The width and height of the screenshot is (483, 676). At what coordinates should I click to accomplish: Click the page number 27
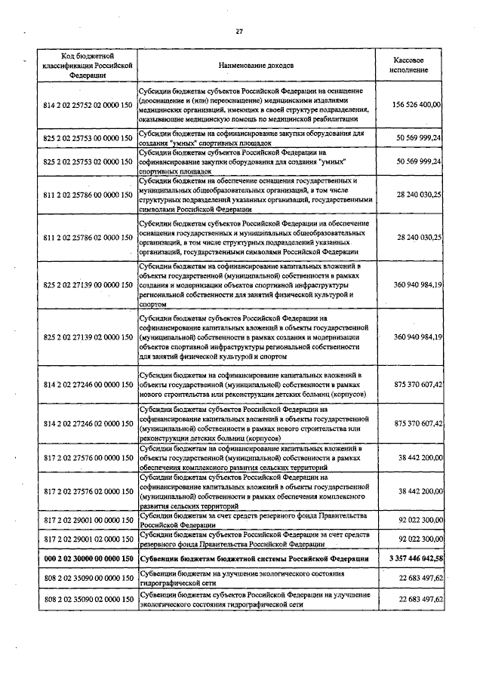(x=239, y=31)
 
